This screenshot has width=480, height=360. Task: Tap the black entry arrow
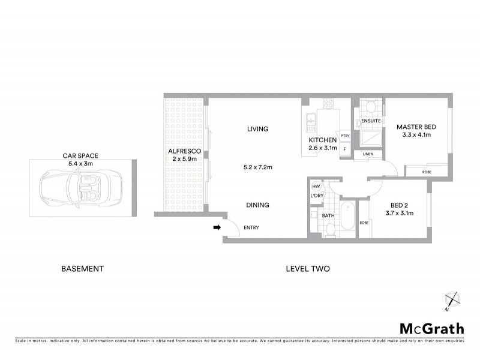tap(217, 227)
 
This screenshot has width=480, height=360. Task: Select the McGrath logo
tap(432, 328)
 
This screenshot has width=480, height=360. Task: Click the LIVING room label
tap(257, 129)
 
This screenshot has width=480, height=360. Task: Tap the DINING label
tap(257, 205)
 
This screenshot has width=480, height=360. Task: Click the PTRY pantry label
tap(344, 136)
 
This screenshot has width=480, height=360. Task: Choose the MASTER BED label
tap(416, 127)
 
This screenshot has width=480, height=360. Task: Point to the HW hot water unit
tap(315, 187)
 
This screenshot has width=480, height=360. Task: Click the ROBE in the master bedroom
tap(427, 172)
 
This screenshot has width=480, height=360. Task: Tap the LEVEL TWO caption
tap(308, 269)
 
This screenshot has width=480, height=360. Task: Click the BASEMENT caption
tap(83, 269)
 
